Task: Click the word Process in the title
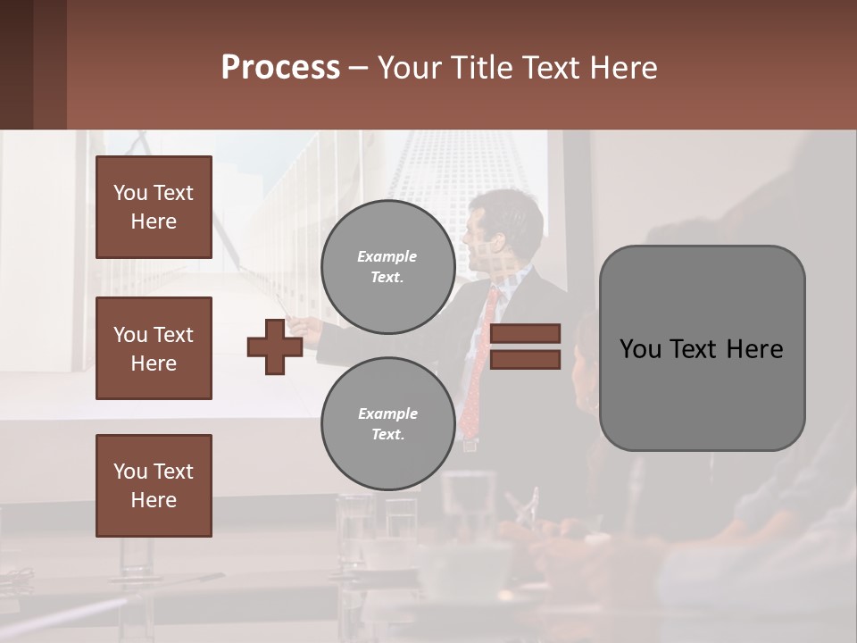click(280, 68)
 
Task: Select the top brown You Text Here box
click(154, 207)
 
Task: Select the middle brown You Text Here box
click(154, 348)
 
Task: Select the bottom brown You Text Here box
click(154, 485)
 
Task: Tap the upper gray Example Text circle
click(387, 267)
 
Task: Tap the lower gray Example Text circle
click(387, 424)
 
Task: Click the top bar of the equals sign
click(526, 333)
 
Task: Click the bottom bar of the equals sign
click(526, 359)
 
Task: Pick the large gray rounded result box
click(702, 348)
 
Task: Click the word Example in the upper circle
click(387, 256)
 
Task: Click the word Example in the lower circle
click(387, 413)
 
